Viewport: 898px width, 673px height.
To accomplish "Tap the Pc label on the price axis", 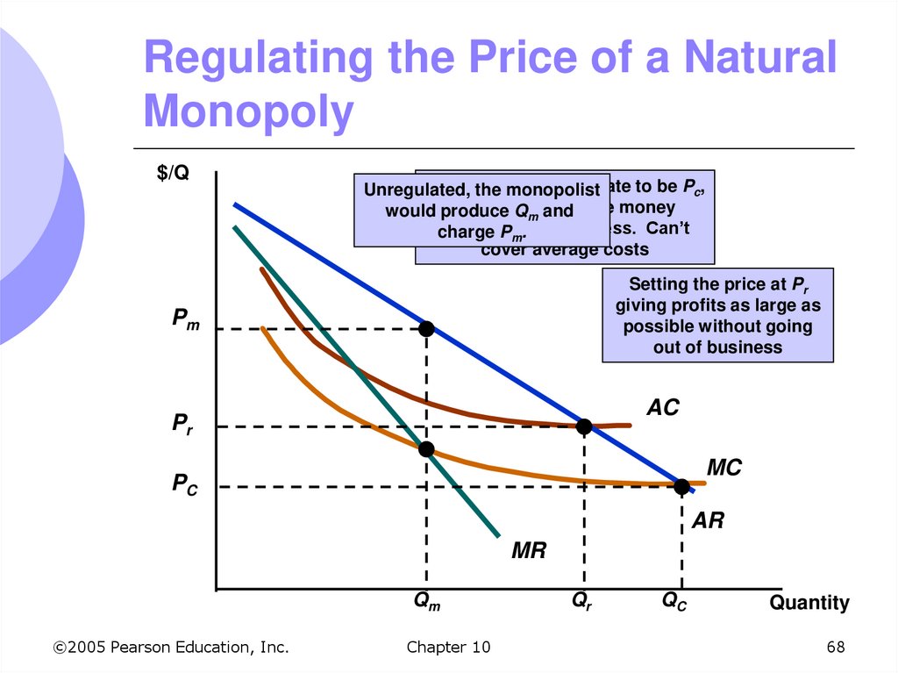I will pos(184,483).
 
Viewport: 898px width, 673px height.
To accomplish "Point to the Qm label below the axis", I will pos(427,602).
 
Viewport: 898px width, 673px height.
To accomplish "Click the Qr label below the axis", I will pos(581,602).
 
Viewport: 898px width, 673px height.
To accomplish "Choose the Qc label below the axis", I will pos(675,602).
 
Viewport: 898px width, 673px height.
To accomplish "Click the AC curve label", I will pos(663,408).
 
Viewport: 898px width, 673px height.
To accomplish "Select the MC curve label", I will pos(723,469).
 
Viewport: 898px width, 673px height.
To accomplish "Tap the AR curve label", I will pos(708,520).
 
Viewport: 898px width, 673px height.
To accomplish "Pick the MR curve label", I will pos(529,551).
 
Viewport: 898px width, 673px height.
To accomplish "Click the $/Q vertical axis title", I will pos(173,173).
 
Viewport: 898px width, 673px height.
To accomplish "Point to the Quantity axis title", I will pos(809,603).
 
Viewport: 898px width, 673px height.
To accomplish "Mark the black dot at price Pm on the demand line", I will pos(426,329).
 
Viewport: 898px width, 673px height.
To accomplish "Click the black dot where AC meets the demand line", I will pos(584,426).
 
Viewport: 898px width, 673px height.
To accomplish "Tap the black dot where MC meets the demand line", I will pos(681,485).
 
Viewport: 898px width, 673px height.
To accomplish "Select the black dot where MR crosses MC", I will pos(426,449).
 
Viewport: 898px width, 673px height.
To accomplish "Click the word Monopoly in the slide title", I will pos(248,113).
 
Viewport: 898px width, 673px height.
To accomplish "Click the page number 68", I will pos(835,648).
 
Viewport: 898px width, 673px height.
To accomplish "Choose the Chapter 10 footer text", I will pos(448,648).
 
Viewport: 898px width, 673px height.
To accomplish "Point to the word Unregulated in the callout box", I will pos(408,190).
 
